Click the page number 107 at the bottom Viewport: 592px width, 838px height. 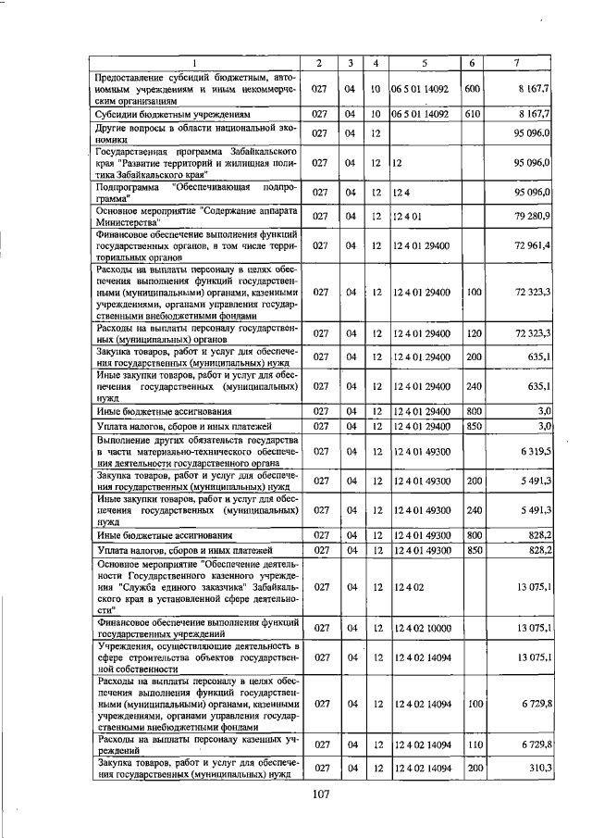(321, 793)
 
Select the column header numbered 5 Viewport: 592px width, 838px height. (425, 62)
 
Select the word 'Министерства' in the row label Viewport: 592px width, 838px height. (129, 222)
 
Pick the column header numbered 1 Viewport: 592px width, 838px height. (194, 62)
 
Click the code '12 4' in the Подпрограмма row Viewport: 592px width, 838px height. (401, 192)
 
